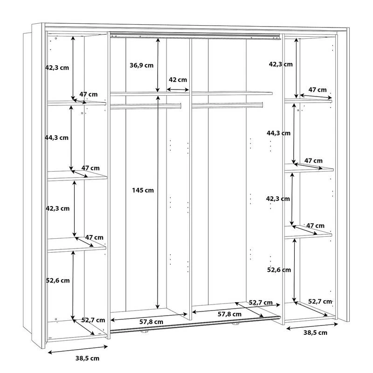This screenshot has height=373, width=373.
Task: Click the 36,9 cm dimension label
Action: click(x=141, y=65)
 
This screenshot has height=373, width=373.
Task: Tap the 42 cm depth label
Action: click(x=178, y=80)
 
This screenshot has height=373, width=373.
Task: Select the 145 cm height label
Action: click(x=142, y=190)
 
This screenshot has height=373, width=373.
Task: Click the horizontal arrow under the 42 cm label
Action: click(x=178, y=90)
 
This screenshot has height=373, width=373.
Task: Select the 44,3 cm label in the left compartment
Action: click(x=57, y=138)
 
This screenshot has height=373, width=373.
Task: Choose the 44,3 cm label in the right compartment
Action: click(x=278, y=133)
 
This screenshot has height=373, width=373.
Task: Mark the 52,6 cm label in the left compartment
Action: click(x=57, y=280)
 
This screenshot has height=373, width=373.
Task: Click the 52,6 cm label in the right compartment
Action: click(x=279, y=269)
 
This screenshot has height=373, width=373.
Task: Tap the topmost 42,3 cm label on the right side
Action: click(x=281, y=64)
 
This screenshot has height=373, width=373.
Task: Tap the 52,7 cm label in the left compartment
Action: click(x=93, y=320)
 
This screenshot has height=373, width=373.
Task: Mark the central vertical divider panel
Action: click(x=190, y=177)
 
